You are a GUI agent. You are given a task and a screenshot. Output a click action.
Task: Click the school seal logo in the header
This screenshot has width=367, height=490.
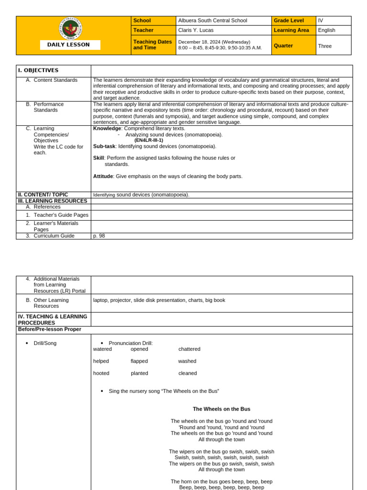pyautogui.click(x=70, y=29)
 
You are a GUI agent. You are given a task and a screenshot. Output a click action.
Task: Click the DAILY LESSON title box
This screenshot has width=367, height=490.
pyautogui.click(x=70, y=45)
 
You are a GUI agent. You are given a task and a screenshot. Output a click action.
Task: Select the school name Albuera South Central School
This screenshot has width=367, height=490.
pyautogui.click(x=213, y=21)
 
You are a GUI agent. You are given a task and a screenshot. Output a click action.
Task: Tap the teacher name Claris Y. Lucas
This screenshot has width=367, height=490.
pyautogui.click(x=196, y=30)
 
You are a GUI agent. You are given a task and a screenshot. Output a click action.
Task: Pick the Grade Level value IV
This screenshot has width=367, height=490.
pyautogui.click(x=321, y=21)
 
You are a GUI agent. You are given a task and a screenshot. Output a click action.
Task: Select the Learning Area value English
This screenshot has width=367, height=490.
pyautogui.click(x=327, y=30)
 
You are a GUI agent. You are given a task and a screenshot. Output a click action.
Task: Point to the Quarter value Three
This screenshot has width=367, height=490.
pyautogui.click(x=325, y=46)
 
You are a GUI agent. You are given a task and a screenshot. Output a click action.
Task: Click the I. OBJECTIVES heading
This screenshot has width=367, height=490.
pyautogui.click(x=38, y=70)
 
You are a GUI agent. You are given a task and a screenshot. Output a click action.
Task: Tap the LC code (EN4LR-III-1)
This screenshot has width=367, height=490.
pyautogui.click(x=149, y=140)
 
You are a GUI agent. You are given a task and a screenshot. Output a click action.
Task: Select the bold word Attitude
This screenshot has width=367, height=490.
pyautogui.click(x=103, y=176)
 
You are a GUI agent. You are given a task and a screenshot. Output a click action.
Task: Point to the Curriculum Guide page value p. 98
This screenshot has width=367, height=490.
pyautogui.click(x=99, y=236)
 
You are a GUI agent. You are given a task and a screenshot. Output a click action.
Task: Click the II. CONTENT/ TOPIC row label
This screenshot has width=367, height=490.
pyautogui.click(x=43, y=195)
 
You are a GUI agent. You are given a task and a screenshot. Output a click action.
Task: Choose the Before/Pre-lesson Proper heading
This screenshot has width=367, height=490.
pyautogui.click(x=50, y=329)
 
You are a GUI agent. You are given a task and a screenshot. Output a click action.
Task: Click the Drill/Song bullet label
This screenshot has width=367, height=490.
pyautogui.click(x=45, y=343)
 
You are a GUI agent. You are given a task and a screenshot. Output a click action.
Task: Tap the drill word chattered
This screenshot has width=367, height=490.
pyautogui.click(x=189, y=349)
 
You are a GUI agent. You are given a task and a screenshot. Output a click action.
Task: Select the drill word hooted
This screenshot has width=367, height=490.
pyautogui.click(x=101, y=373)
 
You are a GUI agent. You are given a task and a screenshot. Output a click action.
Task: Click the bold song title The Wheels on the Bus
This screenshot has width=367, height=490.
pyautogui.click(x=221, y=409)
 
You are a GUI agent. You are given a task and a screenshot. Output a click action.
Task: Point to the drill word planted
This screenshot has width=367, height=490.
pyautogui.click(x=140, y=373)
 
